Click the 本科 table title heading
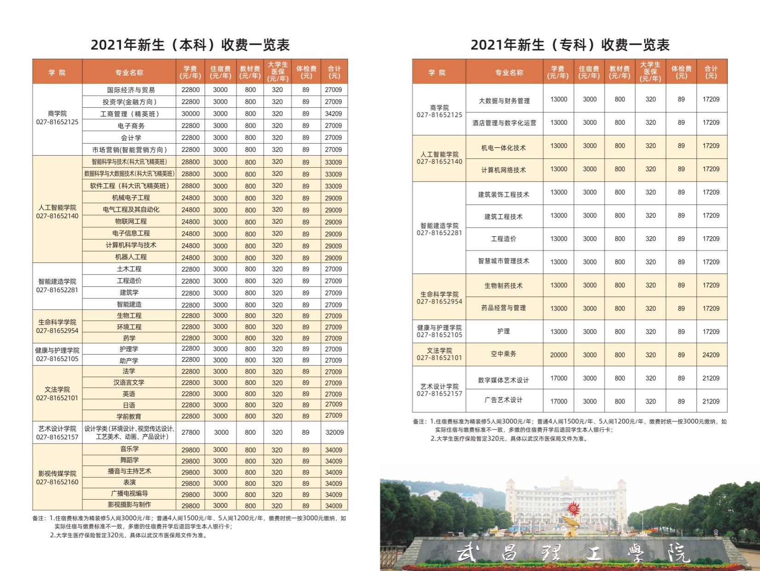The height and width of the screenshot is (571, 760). [190, 45]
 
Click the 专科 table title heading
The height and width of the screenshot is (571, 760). [570, 45]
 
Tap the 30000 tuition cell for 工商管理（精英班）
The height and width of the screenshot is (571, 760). [190, 114]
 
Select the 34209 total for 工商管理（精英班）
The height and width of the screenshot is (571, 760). [334, 114]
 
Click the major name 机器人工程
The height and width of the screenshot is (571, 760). [131, 257]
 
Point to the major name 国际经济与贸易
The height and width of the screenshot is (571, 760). [131, 90]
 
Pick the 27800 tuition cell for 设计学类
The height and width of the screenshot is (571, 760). [190, 432]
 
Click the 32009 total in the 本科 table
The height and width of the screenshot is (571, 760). [334, 432]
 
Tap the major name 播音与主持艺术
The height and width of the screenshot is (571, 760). [129, 472]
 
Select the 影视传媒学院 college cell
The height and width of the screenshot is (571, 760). [57, 477]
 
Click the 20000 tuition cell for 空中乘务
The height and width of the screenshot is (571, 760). [558, 355]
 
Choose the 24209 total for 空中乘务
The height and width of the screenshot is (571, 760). [711, 355]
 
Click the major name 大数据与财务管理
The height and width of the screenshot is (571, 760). [504, 100]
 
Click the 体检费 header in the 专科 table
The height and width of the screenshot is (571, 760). [681, 72]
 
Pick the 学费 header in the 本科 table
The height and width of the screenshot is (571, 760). [190, 72]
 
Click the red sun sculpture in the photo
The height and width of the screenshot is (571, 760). [573, 509]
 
